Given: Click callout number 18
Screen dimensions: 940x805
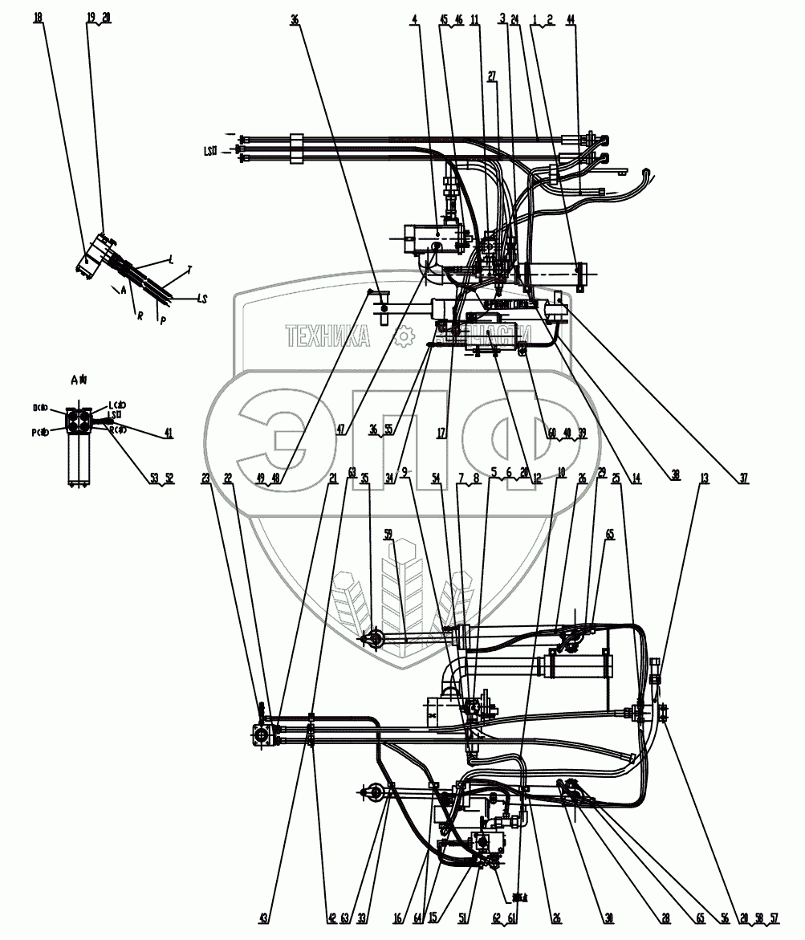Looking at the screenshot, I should pos(38,17).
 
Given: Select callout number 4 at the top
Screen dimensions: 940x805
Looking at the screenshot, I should pos(414,17).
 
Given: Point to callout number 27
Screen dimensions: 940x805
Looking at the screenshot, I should pos(492,76).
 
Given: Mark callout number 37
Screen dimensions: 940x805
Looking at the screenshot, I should pos(744,478).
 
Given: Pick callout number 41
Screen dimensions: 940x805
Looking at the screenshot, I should pos(168,432).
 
